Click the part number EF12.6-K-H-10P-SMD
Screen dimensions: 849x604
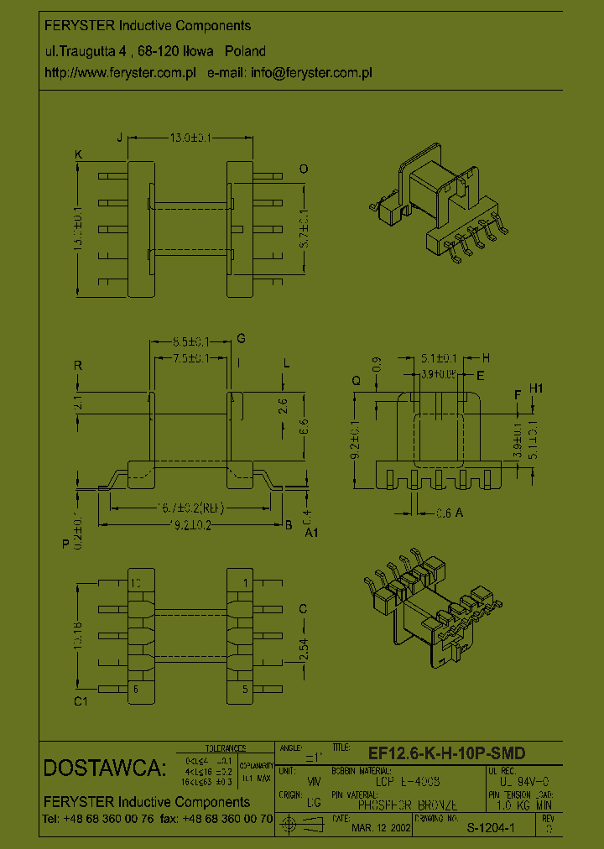[x=446, y=753]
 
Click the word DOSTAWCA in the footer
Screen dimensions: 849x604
[x=105, y=768]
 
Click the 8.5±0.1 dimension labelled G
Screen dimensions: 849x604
[x=190, y=342]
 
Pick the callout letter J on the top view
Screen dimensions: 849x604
[x=119, y=138]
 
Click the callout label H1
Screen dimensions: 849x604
[x=537, y=388]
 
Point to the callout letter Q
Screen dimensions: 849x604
[x=356, y=380]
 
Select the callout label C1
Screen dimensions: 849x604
[x=81, y=702]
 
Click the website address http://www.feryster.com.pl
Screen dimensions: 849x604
[x=120, y=73]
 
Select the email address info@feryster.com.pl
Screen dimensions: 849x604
[x=311, y=73]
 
